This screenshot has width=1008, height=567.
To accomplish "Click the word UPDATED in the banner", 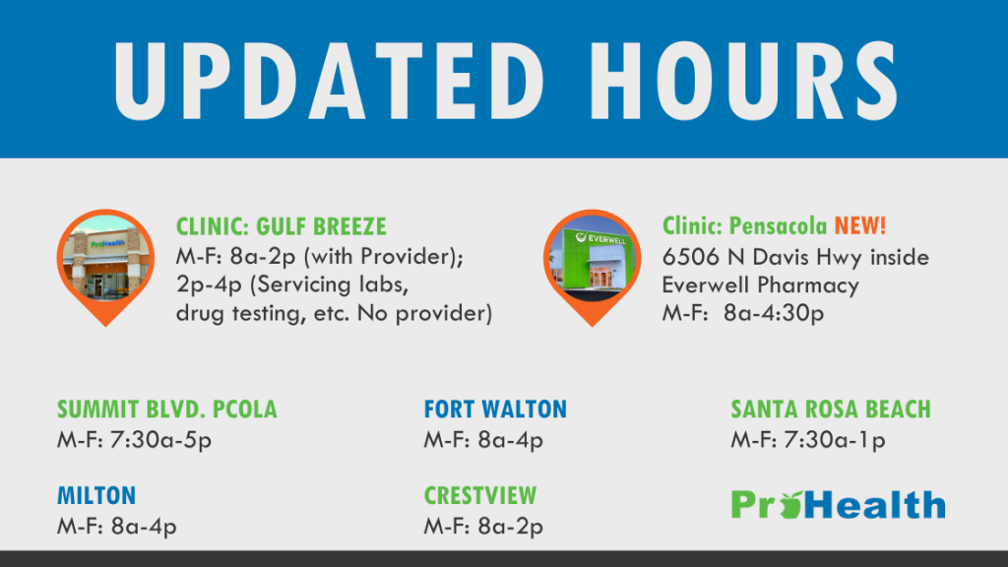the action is [x=329, y=81].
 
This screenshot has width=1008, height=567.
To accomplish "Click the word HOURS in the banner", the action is [x=744, y=81].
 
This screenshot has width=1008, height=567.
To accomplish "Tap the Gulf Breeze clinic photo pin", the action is [x=105, y=267].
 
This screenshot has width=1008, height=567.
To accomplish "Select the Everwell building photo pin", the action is [x=592, y=267].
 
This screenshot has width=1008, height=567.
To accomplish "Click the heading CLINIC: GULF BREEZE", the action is [x=282, y=226].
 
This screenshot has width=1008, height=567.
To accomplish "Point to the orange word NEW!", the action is [x=860, y=225].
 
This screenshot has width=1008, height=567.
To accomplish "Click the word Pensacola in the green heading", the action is [x=778, y=225].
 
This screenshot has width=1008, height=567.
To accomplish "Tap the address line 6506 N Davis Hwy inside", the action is [x=795, y=257].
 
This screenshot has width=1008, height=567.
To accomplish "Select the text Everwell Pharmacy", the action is [x=761, y=285].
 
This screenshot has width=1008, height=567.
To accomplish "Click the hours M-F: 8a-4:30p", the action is [x=743, y=313].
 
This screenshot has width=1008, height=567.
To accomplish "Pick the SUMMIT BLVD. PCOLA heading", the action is [x=167, y=409].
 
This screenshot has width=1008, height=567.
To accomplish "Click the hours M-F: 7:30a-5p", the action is [x=134, y=440].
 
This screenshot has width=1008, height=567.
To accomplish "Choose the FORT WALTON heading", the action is [x=495, y=409].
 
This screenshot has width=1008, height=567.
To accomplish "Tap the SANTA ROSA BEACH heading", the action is [x=831, y=409].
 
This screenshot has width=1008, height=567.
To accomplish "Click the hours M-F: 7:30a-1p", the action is [x=808, y=440].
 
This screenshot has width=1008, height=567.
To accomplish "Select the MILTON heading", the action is [x=96, y=496].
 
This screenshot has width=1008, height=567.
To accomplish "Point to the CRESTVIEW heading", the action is [x=480, y=496].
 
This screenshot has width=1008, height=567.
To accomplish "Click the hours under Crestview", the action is [x=483, y=527].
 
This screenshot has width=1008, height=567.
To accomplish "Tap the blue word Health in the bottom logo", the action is [x=874, y=504].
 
